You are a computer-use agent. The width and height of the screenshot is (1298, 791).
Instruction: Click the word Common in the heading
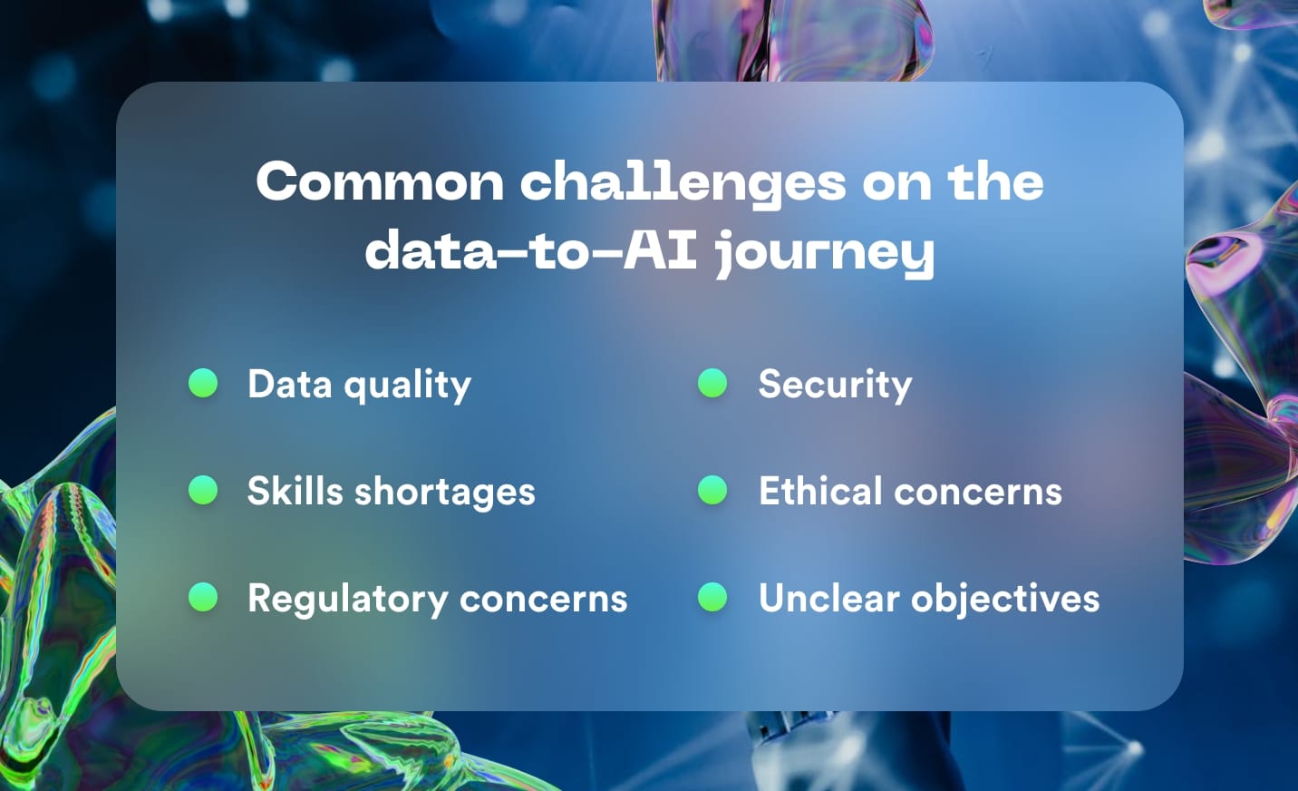[x=379, y=181]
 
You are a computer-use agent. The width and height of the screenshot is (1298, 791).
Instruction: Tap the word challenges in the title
[x=683, y=183]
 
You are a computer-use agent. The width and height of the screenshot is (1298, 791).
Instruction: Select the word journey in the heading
[x=824, y=252]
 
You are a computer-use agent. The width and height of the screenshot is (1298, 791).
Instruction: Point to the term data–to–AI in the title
[x=531, y=250]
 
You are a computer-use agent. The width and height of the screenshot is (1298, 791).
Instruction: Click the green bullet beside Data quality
[x=203, y=383]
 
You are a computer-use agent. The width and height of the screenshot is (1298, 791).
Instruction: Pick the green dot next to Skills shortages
[x=203, y=490]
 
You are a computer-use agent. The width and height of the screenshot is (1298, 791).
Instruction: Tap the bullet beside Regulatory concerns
[x=203, y=597]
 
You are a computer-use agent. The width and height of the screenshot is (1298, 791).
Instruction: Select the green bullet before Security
[x=712, y=383]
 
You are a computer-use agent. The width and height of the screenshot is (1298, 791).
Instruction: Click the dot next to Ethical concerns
[x=712, y=490]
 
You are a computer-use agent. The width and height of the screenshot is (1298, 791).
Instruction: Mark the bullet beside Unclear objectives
[x=712, y=597]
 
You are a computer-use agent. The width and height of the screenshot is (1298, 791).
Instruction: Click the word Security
[x=835, y=385]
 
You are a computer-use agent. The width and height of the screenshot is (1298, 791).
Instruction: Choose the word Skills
[x=295, y=491]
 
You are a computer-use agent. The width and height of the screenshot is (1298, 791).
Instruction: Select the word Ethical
[x=820, y=491]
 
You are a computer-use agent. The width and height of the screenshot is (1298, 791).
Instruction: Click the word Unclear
[x=829, y=598]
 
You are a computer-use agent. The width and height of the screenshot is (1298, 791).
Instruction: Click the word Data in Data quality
[x=290, y=384]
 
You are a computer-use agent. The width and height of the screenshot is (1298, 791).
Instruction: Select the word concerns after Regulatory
[x=543, y=599]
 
